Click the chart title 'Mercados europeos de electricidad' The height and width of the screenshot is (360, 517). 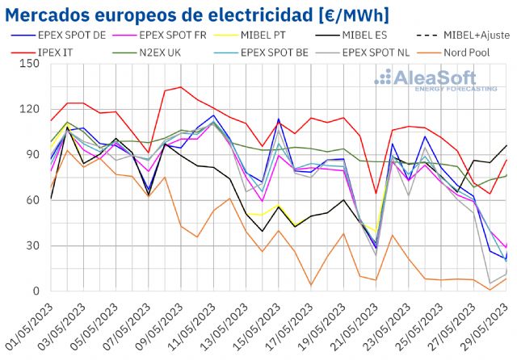point(197,14)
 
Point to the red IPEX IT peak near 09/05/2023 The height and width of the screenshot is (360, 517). point(180,87)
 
